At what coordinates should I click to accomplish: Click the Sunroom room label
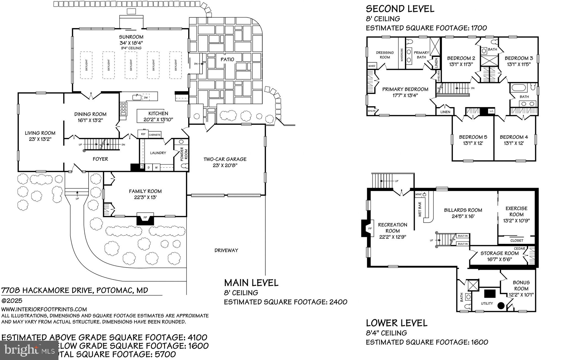(x=131, y=37)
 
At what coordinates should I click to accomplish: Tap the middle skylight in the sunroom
(x=131, y=65)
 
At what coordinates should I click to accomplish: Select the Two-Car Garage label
(x=225, y=159)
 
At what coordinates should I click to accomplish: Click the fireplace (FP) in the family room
(x=145, y=218)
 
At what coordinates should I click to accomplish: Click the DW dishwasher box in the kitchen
(x=146, y=97)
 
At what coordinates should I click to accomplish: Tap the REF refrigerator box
(x=143, y=134)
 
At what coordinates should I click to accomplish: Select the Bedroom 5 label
(x=473, y=137)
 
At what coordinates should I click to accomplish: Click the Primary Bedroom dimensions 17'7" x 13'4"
(x=405, y=96)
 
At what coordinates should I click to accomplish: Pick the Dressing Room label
(x=385, y=55)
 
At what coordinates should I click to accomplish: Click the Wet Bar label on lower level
(x=420, y=209)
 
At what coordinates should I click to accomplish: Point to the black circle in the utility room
(x=501, y=306)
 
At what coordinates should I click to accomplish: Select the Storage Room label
(x=499, y=253)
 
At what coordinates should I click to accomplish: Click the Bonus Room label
(x=521, y=285)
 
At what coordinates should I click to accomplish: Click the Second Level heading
(x=400, y=9)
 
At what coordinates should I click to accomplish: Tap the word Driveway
(x=226, y=250)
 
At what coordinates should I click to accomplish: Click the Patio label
(x=227, y=59)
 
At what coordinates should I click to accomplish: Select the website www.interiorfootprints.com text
(x=44, y=309)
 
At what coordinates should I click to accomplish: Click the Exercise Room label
(x=516, y=211)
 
